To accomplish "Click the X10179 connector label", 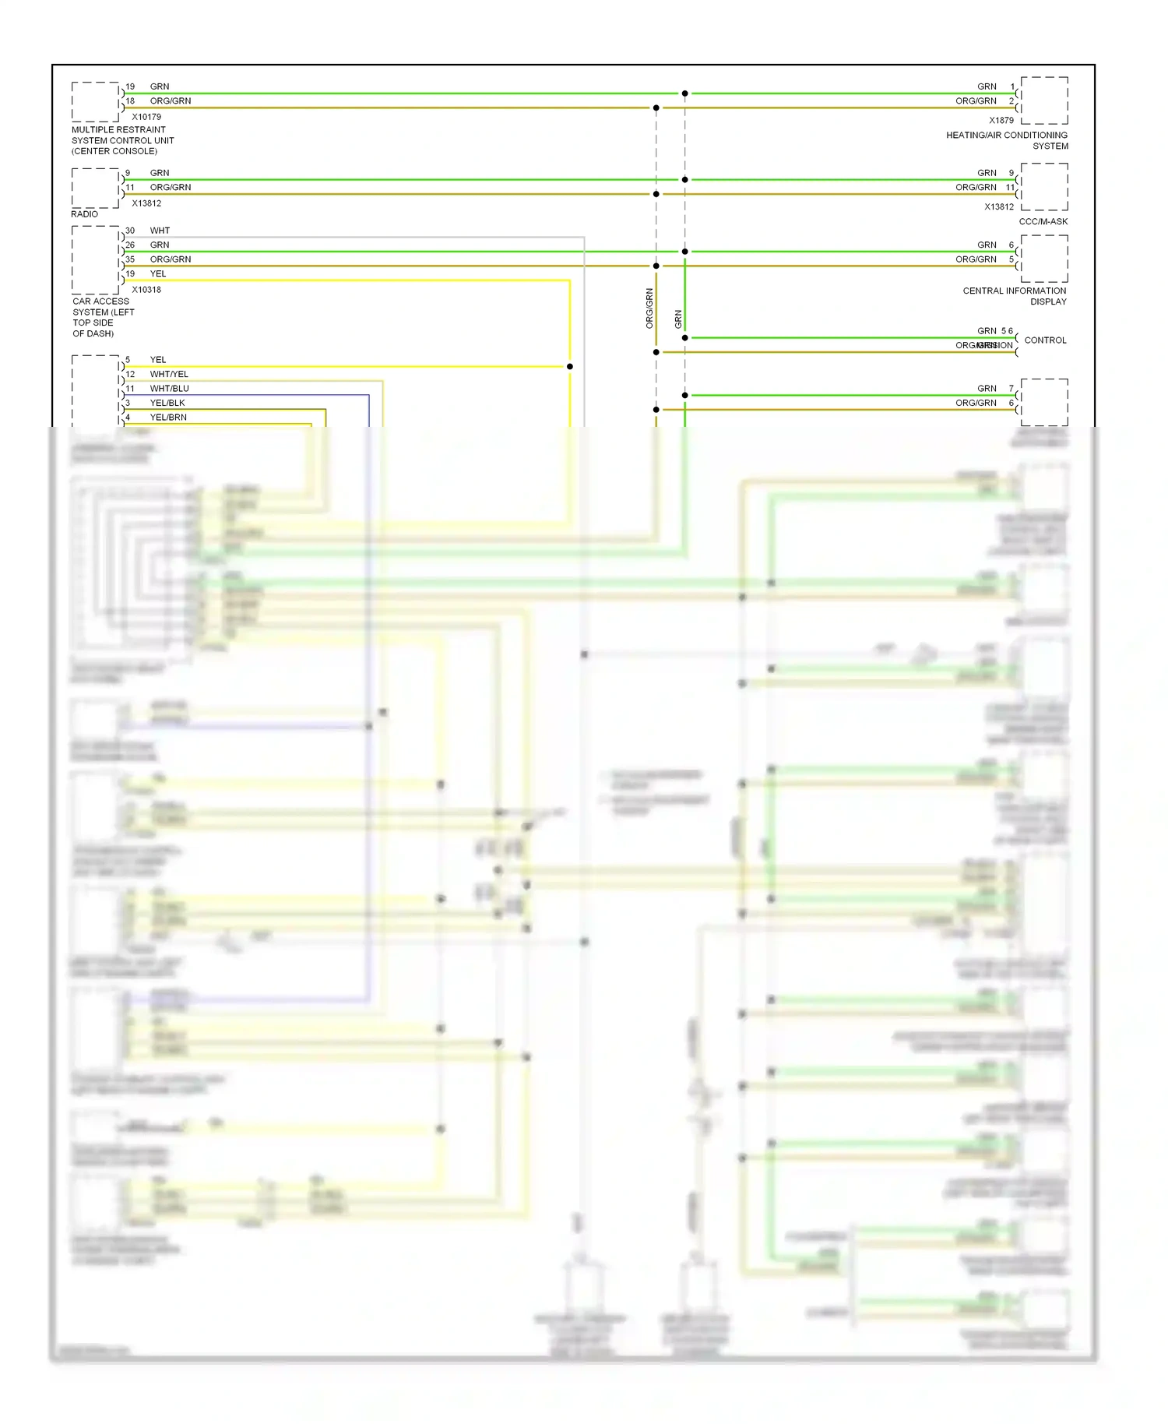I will click(146, 117).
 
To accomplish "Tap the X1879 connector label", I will click(1001, 121).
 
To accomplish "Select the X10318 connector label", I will click(146, 290).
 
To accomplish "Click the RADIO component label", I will click(85, 214).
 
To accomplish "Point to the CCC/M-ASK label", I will click(1043, 222).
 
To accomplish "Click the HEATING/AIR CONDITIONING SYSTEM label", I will click(1007, 141).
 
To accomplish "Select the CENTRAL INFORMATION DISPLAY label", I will click(1015, 296).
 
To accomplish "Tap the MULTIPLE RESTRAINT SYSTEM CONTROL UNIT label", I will click(122, 140).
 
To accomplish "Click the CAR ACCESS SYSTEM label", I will click(103, 317).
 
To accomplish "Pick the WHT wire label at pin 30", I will click(160, 231).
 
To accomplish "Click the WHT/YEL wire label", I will click(169, 374).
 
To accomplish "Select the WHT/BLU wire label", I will click(169, 389).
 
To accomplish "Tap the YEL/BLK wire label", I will click(167, 403).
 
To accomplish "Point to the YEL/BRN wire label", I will click(168, 418).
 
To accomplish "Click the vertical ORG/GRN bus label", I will click(649, 308).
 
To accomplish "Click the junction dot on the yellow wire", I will click(570, 366).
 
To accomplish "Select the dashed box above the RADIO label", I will click(95, 189).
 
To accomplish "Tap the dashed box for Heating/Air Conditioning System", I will click(1044, 100).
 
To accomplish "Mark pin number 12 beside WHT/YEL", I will click(130, 374).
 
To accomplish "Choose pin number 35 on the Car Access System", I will click(130, 259).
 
